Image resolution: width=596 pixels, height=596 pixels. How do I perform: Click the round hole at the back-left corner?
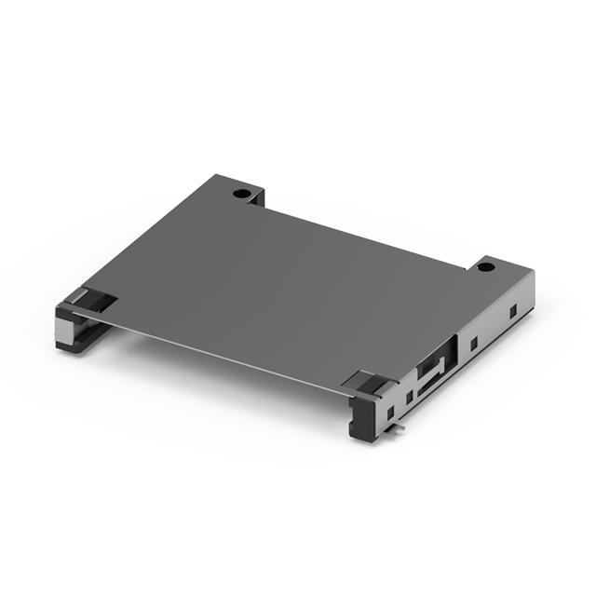[241, 194]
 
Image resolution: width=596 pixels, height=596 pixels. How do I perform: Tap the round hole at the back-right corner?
[484, 267]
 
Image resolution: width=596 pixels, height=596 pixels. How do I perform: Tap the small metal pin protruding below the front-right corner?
[399, 429]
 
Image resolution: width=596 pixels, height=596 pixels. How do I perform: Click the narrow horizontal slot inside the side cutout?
[427, 383]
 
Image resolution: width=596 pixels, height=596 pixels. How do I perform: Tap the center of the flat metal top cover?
[279, 289]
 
